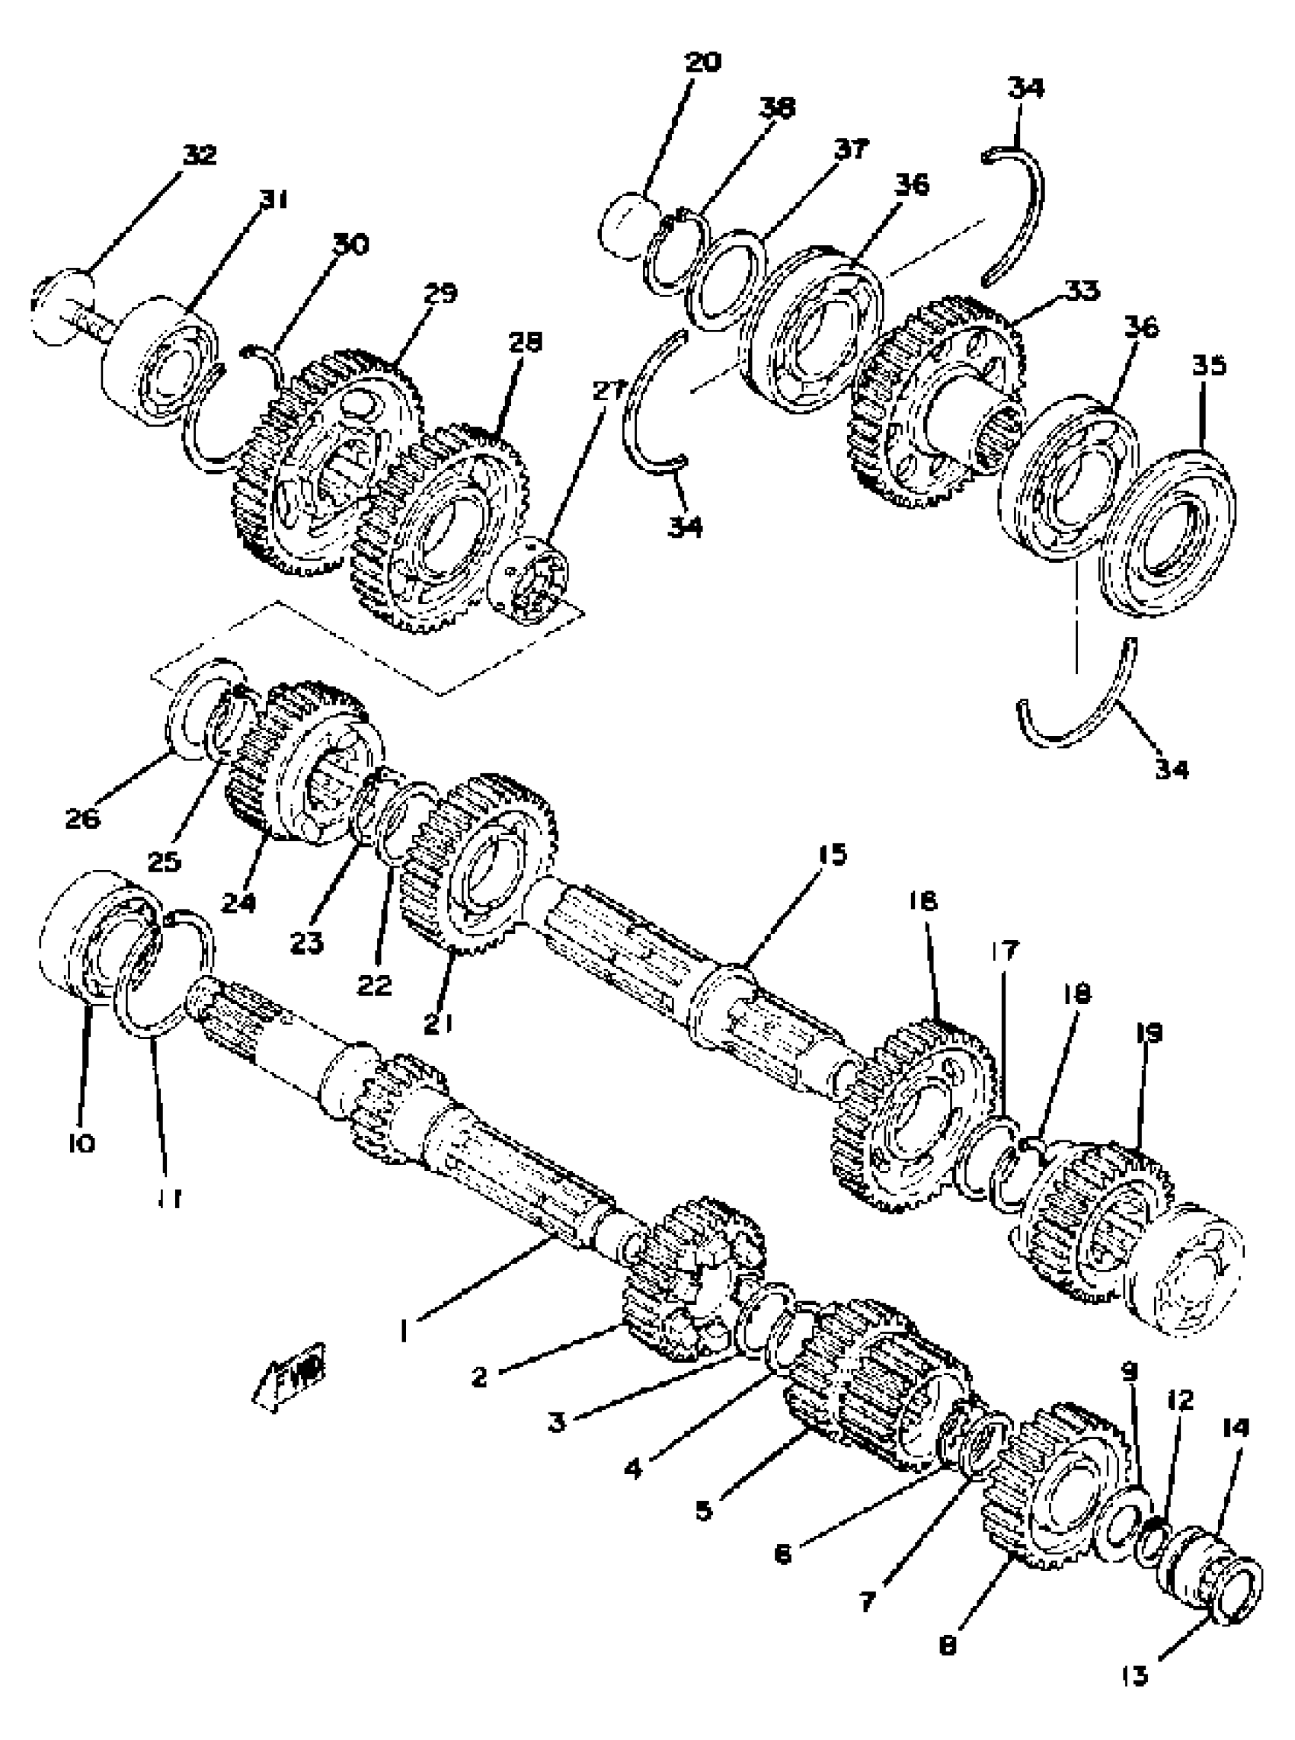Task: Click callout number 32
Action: pos(199,155)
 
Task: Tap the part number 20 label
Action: pos(702,62)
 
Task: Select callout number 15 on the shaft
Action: pos(833,853)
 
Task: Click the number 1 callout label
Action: pos(404,1329)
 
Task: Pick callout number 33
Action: pos(1082,290)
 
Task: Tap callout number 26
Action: pos(83,819)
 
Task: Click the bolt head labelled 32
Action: pos(61,305)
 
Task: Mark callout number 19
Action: pos(1150,1033)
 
